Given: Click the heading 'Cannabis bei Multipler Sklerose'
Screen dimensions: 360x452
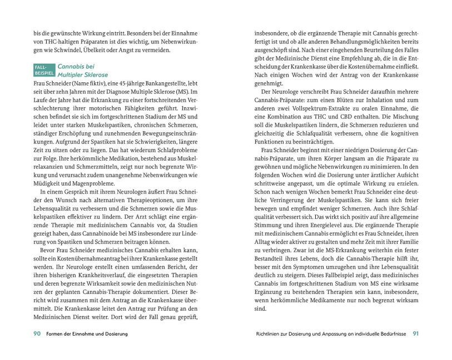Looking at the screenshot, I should pyautogui.click(x=83, y=70).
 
